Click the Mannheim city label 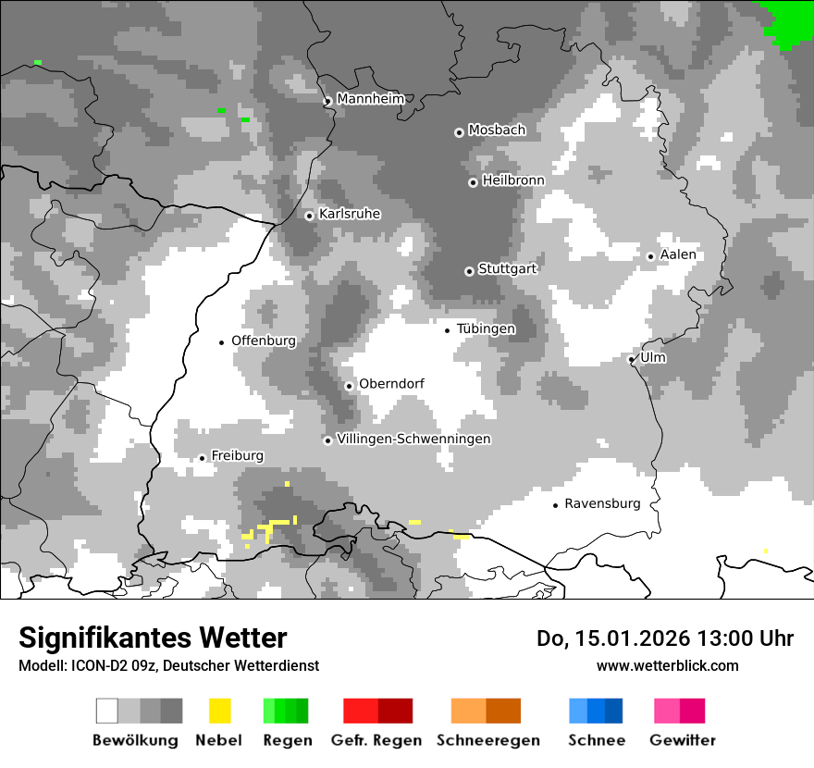click(371, 99)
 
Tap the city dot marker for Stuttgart click(469, 271)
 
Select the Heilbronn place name click(513, 180)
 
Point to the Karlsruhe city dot click(310, 216)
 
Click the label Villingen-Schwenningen click(413, 439)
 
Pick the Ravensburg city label click(602, 503)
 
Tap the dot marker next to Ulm click(632, 359)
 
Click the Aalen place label click(678, 254)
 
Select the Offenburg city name click(264, 341)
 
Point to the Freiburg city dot click(202, 458)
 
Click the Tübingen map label click(486, 328)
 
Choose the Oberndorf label click(391, 384)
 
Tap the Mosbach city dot click(459, 132)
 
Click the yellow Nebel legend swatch click(219, 711)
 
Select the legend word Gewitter click(683, 740)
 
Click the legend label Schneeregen click(488, 740)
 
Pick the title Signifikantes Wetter click(153, 638)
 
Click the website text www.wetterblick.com click(667, 665)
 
